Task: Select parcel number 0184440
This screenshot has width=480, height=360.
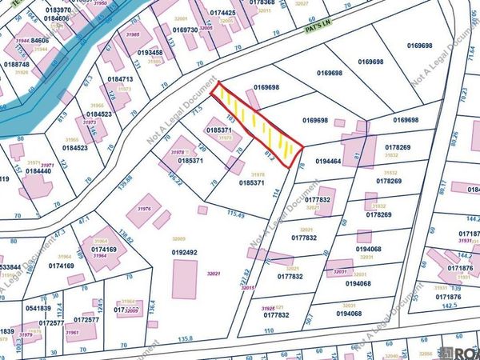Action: [x=38, y=170]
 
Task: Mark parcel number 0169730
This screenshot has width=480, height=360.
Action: [x=186, y=30]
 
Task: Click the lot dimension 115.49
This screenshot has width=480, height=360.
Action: [x=235, y=214]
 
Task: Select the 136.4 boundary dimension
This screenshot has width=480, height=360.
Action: [x=152, y=308]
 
